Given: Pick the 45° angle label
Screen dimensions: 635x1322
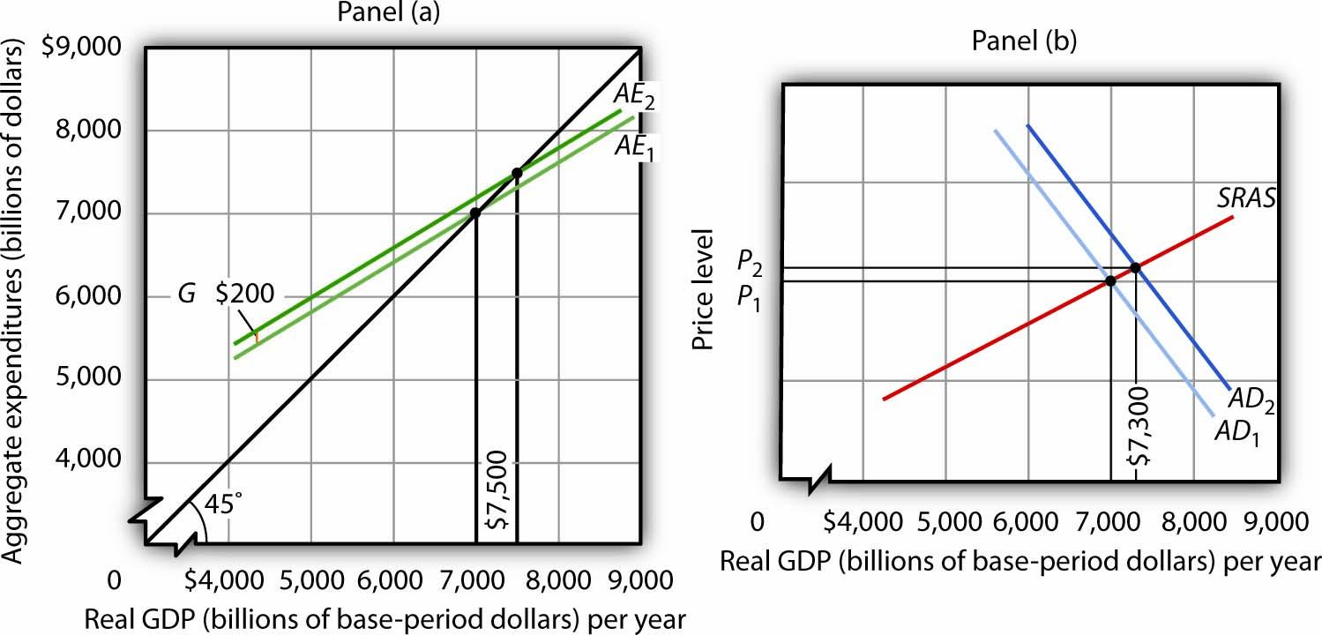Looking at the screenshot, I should tap(222, 504).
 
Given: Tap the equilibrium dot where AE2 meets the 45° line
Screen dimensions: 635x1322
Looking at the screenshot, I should tap(517, 173).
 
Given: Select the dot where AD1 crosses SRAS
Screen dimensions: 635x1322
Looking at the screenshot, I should tap(1110, 280).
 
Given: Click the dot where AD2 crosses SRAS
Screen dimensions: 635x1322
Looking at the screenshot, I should tap(1135, 266).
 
